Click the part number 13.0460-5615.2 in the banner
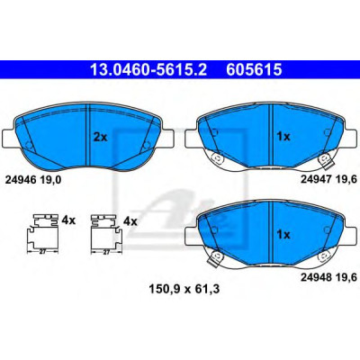click(148, 69)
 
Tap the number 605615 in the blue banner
click(254, 69)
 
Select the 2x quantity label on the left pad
click(100, 137)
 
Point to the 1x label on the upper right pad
click(283, 137)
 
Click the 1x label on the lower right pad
click(283, 234)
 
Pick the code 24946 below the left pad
click(19, 180)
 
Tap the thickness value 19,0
click(49, 180)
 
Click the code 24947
click(316, 179)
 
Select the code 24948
click(316, 277)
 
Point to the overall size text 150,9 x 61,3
click(184, 289)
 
